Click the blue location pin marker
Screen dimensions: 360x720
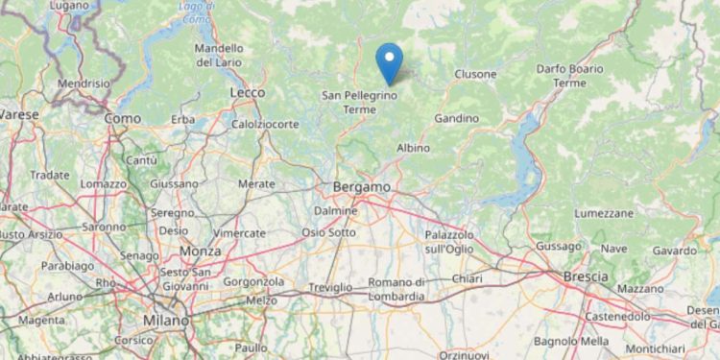click(389, 63)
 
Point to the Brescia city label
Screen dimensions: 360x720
click(585, 276)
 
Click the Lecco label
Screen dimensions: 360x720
click(248, 91)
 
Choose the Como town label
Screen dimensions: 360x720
click(123, 118)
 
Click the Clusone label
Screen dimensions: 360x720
click(475, 74)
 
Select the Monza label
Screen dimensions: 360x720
click(201, 251)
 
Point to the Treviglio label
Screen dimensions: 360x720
click(331, 288)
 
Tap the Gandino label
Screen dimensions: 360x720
click(456, 118)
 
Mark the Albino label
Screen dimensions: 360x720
click(413, 148)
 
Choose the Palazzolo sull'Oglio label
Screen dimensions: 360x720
click(450, 241)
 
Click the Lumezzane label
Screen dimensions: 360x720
click(603, 212)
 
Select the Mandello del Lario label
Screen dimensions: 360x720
click(219, 55)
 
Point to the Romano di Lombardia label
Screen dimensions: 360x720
click(396, 289)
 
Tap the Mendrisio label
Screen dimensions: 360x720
click(84, 84)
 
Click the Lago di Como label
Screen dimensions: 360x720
click(196, 12)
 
